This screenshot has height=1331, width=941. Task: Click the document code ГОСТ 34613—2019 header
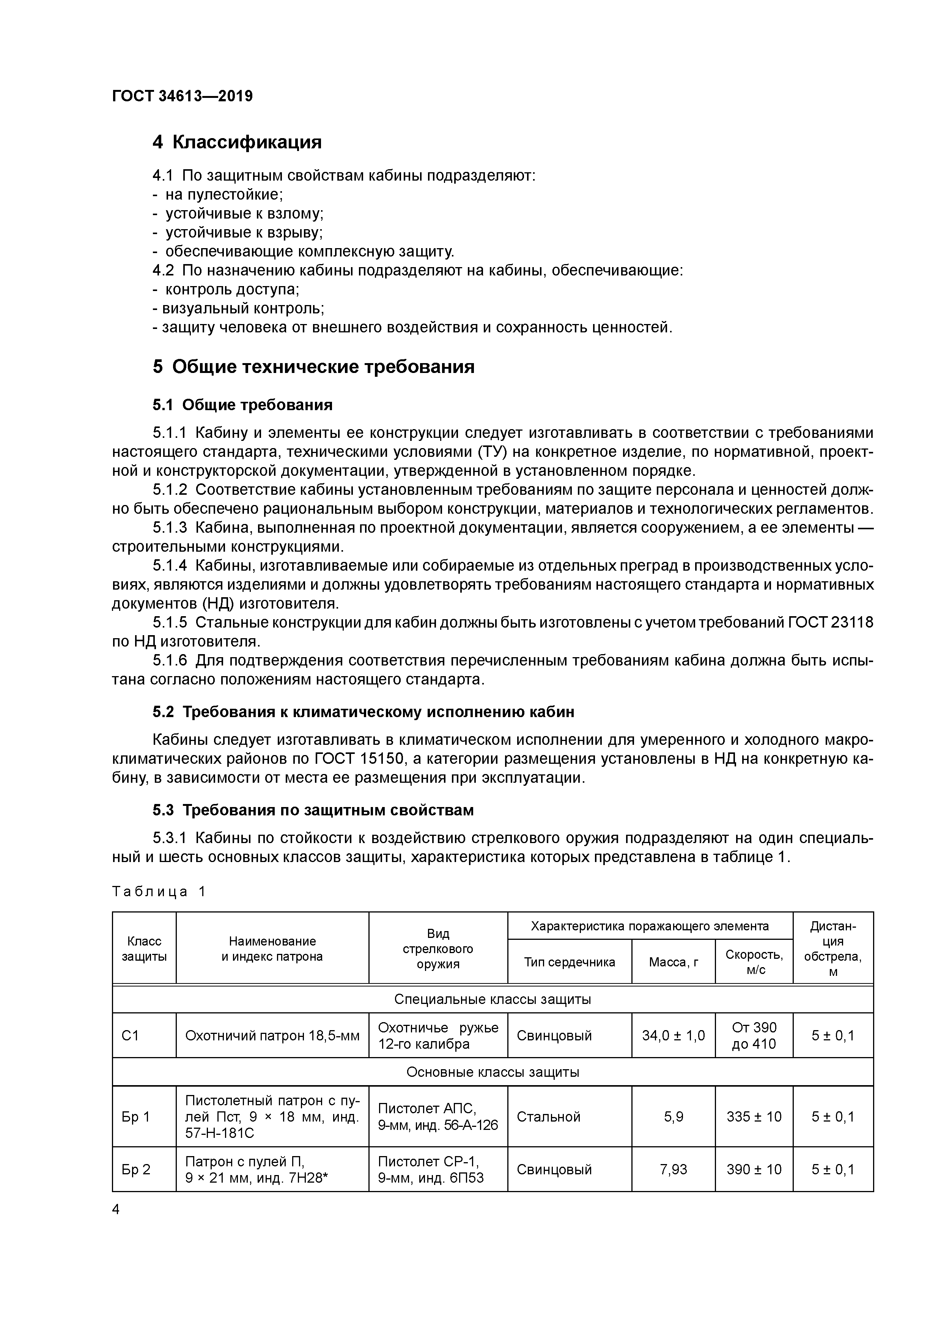[182, 96]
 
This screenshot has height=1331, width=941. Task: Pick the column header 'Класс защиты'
[144, 949]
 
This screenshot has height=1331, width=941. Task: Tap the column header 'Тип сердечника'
[570, 962]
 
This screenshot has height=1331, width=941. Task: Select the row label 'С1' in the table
[131, 1035]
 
